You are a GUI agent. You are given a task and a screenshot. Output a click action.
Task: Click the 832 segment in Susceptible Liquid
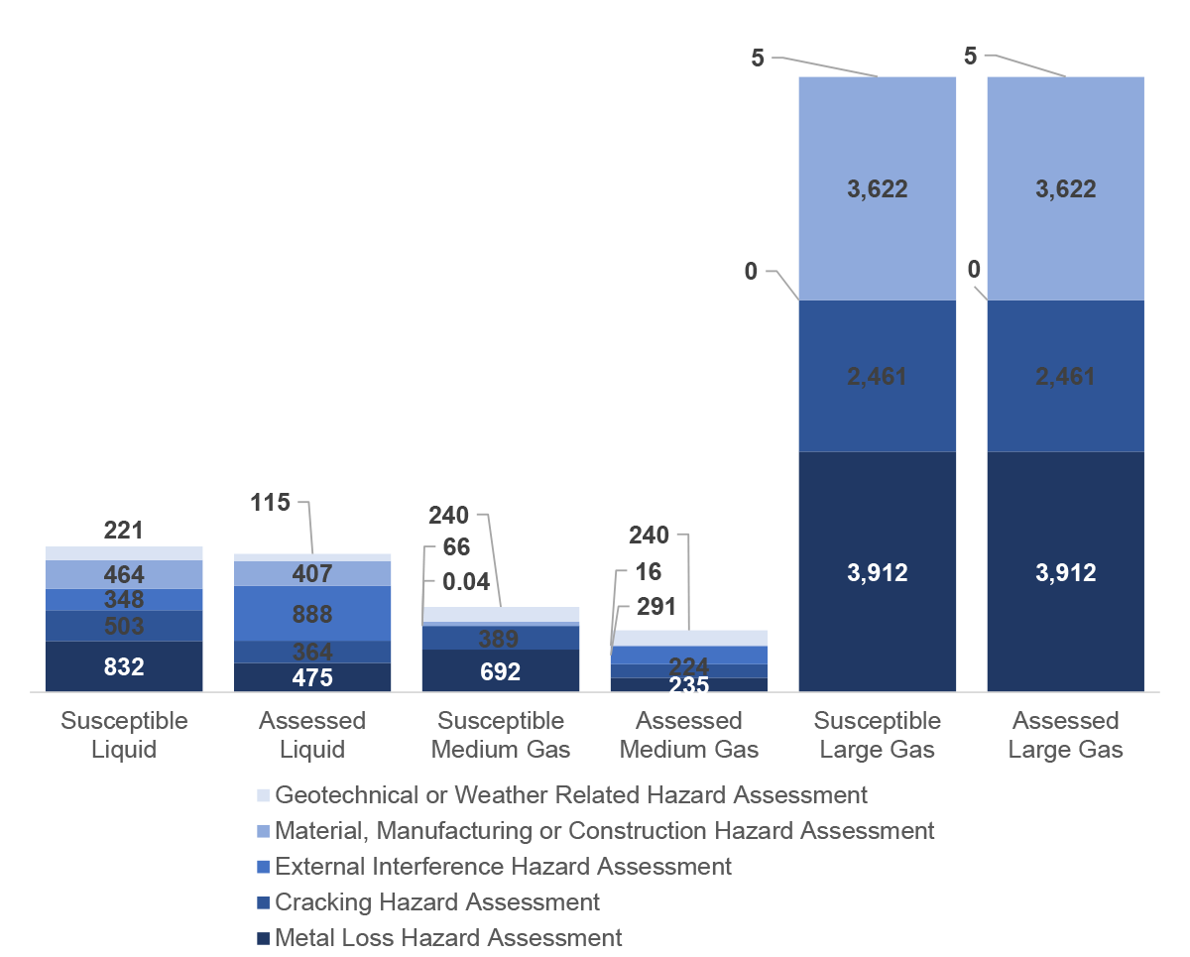point(124,666)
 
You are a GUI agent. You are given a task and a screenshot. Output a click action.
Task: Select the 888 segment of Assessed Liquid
point(312,614)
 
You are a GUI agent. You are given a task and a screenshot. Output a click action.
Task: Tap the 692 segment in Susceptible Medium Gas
point(501,671)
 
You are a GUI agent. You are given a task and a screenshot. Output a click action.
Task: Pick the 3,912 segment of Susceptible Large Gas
point(878,572)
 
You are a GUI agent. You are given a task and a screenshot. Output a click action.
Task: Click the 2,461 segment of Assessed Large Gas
point(1066,376)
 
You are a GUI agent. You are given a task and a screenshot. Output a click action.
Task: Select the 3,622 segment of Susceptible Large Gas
point(878,188)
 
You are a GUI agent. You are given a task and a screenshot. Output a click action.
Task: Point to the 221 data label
point(124,531)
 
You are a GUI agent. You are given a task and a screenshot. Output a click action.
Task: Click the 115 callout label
point(270,502)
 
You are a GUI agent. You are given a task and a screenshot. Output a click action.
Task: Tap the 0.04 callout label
point(459,582)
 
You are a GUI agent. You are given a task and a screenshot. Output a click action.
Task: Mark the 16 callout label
point(649,572)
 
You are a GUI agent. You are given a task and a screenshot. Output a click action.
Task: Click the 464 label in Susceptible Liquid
point(124,574)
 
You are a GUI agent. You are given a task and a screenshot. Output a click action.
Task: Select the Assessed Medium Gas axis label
point(689,735)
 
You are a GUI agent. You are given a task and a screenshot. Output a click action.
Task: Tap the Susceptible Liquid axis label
point(124,735)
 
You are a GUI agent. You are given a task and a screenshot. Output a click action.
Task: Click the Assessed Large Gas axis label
point(1066,735)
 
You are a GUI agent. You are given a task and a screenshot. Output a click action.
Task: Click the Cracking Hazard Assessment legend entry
point(436,901)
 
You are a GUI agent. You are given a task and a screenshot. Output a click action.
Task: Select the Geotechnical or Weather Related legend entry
point(570,794)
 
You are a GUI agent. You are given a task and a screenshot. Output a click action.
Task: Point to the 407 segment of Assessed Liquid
point(312,574)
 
